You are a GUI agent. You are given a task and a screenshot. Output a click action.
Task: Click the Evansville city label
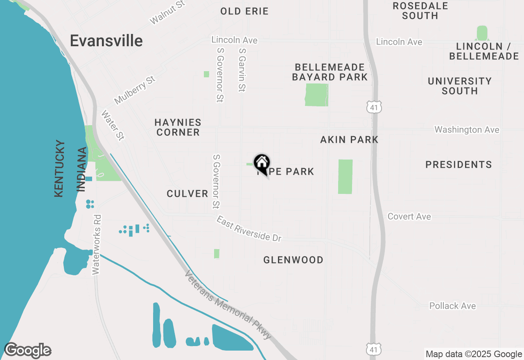(x=106, y=41)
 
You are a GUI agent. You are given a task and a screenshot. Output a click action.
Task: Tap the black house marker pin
(x=262, y=163)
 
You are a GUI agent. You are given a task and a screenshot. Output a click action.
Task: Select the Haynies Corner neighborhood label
(x=178, y=127)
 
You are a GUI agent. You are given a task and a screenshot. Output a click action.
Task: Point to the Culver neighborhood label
(x=187, y=193)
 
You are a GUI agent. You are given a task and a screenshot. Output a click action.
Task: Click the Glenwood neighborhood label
(x=293, y=260)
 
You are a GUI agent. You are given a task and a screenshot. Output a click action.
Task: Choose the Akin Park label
(x=349, y=140)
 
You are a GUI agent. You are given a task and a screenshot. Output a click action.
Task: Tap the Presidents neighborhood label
(x=458, y=164)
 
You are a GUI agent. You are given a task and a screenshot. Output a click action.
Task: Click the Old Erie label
(x=244, y=11)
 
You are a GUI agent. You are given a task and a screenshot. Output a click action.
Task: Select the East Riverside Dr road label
(x=249, y=229)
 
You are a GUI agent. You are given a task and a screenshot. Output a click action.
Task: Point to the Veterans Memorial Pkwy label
(x=228, y=305)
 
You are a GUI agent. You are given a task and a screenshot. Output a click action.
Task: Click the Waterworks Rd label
(x=97, y=244)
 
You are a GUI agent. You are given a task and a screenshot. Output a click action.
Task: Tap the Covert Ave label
(x=409, y=216)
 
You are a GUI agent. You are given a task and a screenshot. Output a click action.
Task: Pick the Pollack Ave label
(x=452, y=306)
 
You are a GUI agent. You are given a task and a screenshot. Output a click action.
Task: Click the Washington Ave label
(x=467, y=130)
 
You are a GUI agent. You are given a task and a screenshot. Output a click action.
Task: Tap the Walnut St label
(x=167, y=12)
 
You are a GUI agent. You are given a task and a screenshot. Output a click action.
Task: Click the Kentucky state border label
(x=59, y=169)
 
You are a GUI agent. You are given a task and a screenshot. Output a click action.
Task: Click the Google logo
(x=27, y=351)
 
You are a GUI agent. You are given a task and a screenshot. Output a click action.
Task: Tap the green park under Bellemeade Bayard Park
(x=317, y=95)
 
